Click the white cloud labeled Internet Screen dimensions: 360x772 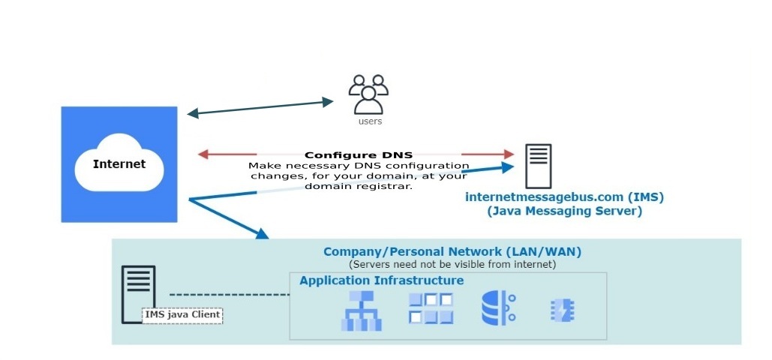(119, 163)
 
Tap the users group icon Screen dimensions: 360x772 (368, 93)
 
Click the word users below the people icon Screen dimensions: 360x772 (370, 121)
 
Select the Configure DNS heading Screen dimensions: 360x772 (359, 155)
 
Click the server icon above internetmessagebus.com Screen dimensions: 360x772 (538, 166)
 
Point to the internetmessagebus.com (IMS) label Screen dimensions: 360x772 (564, 197)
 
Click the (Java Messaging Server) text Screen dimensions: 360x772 (564, 211)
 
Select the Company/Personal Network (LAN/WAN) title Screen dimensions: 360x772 (452, 252)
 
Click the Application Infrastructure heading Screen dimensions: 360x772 (381, 280)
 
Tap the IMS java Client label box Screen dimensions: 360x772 (182, 314)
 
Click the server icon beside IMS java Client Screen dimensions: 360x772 (138, 293)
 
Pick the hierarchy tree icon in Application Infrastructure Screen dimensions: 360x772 (361, 310)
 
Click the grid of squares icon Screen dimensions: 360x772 (431, 308)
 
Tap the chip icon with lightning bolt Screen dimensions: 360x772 (562, 309)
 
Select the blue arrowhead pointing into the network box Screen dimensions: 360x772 (260, 233)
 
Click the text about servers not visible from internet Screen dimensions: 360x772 (452, 265)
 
